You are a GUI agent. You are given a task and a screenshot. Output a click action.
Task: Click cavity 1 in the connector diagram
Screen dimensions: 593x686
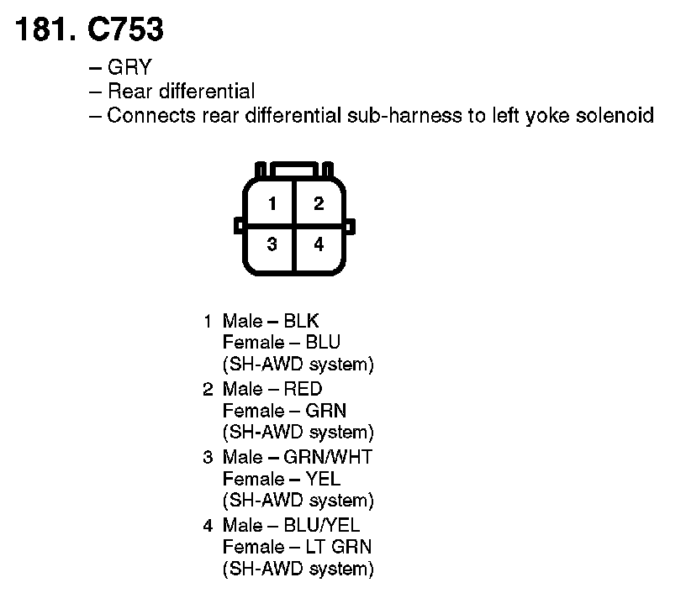click(x=272, y=203)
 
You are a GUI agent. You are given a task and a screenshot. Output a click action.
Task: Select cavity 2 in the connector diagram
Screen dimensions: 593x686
click(x=318, y=203)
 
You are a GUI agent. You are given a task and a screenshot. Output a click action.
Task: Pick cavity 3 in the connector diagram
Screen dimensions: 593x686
click(x=272, y=244)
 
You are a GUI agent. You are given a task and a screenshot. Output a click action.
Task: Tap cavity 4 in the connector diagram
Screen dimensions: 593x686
click(x=318, y=244)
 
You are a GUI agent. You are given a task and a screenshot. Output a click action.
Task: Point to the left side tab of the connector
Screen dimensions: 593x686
click(x=240, y=224)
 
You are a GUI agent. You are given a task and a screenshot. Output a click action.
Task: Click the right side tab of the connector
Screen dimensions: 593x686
click(x=350, y=224)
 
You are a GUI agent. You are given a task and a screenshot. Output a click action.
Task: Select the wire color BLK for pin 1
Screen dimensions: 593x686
click(x=302, y=321)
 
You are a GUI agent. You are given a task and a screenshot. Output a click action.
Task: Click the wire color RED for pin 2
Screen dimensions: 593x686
click(x=303, y=389)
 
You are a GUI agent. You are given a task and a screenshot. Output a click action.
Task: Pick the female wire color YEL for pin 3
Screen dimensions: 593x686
click(x=324, y=479)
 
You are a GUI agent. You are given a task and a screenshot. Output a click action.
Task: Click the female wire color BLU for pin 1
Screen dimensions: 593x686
click(x=324, y=343)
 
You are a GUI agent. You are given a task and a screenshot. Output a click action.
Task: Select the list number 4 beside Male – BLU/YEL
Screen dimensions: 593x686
click(x=208, y=525)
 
